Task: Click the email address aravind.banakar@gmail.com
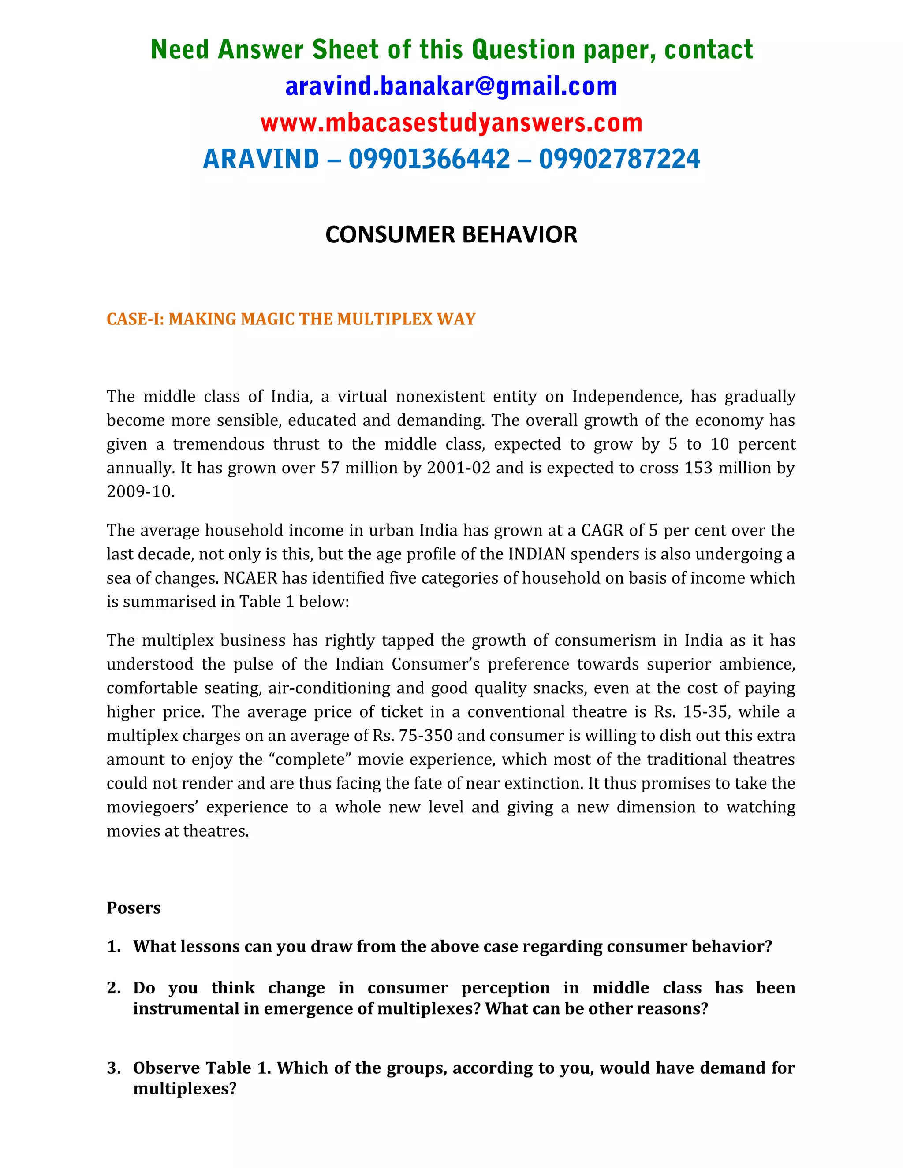(x=451, y=87)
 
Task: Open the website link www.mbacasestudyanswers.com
(x=451, y=123)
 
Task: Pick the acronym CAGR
(x=602, y=531)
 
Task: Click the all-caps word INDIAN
(x=537, y=554)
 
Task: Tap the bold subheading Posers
(x=134, y=908)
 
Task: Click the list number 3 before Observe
(x=113, y=1068)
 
